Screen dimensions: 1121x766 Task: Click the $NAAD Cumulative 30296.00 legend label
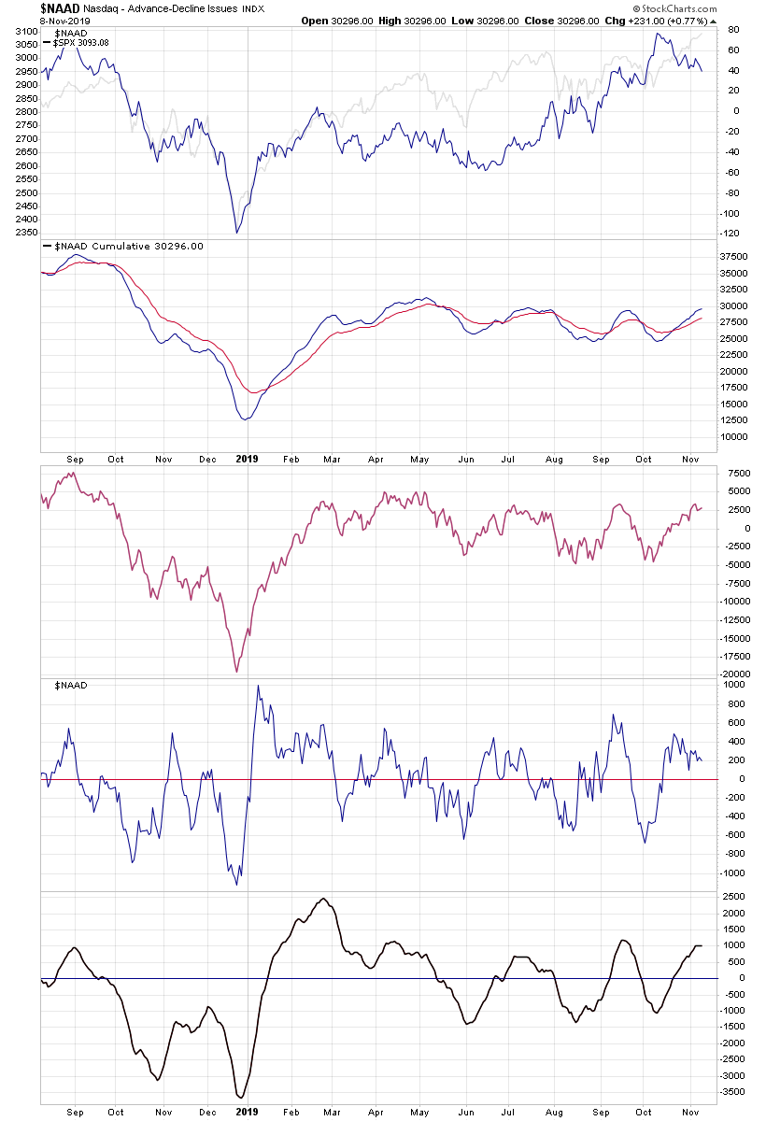(124, 247)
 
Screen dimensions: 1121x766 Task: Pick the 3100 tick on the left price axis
(26, 31)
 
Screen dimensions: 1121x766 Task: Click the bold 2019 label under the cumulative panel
(247, 459)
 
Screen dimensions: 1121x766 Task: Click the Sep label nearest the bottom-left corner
(77, 1112)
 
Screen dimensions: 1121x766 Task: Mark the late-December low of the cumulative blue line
(246, 419)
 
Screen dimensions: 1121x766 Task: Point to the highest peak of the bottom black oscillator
(323, 900)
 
